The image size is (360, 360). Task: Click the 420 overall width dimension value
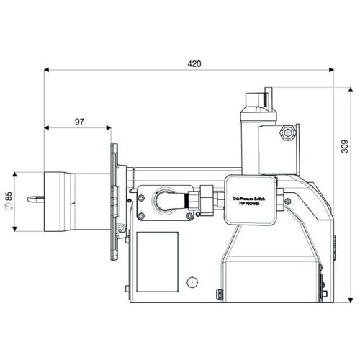pos(194,63)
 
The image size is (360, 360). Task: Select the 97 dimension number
pos(79,122)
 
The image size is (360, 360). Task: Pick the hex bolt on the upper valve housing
pos(289,132)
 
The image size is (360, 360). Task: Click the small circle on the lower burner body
pos(191,282)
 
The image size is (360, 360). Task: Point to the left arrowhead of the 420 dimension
pos(48,71)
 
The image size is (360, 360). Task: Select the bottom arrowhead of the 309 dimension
pos(351,297)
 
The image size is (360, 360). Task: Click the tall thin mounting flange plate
pos(113,202)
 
